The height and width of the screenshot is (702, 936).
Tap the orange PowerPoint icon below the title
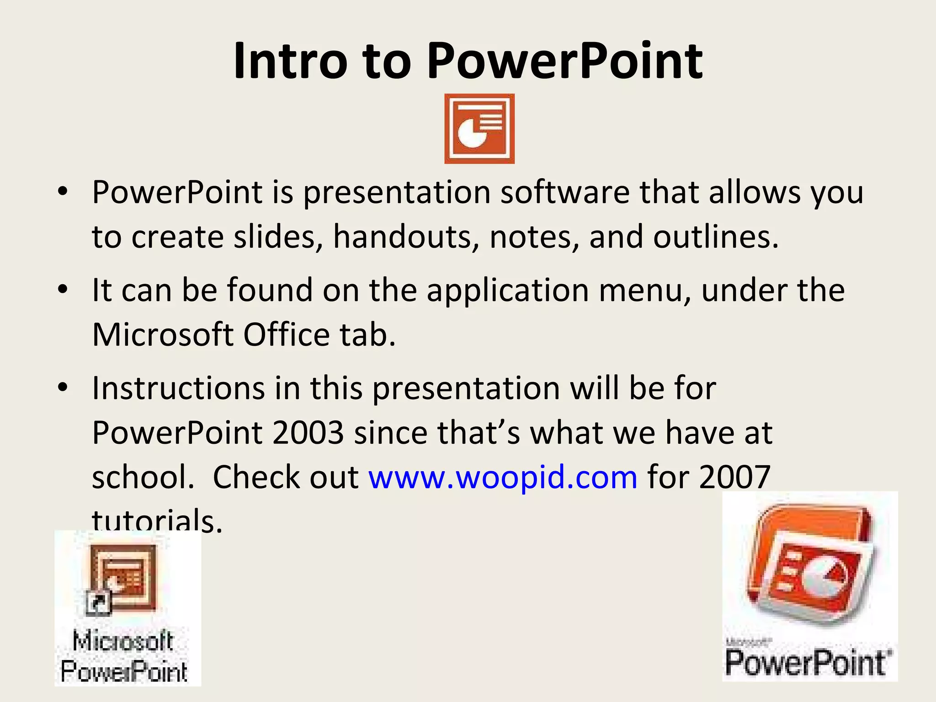[x=479, y=129]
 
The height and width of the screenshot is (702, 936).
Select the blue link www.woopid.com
[x=503, y=477]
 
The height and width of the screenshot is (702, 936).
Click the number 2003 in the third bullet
[x=308, y=432]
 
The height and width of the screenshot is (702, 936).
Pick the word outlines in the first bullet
[x=716, y=237]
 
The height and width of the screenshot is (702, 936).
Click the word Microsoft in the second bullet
[x=163, y=335]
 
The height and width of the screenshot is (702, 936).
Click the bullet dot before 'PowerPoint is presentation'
[x=63, y=192]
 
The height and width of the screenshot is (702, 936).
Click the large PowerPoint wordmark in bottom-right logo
[x=807, y=663]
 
